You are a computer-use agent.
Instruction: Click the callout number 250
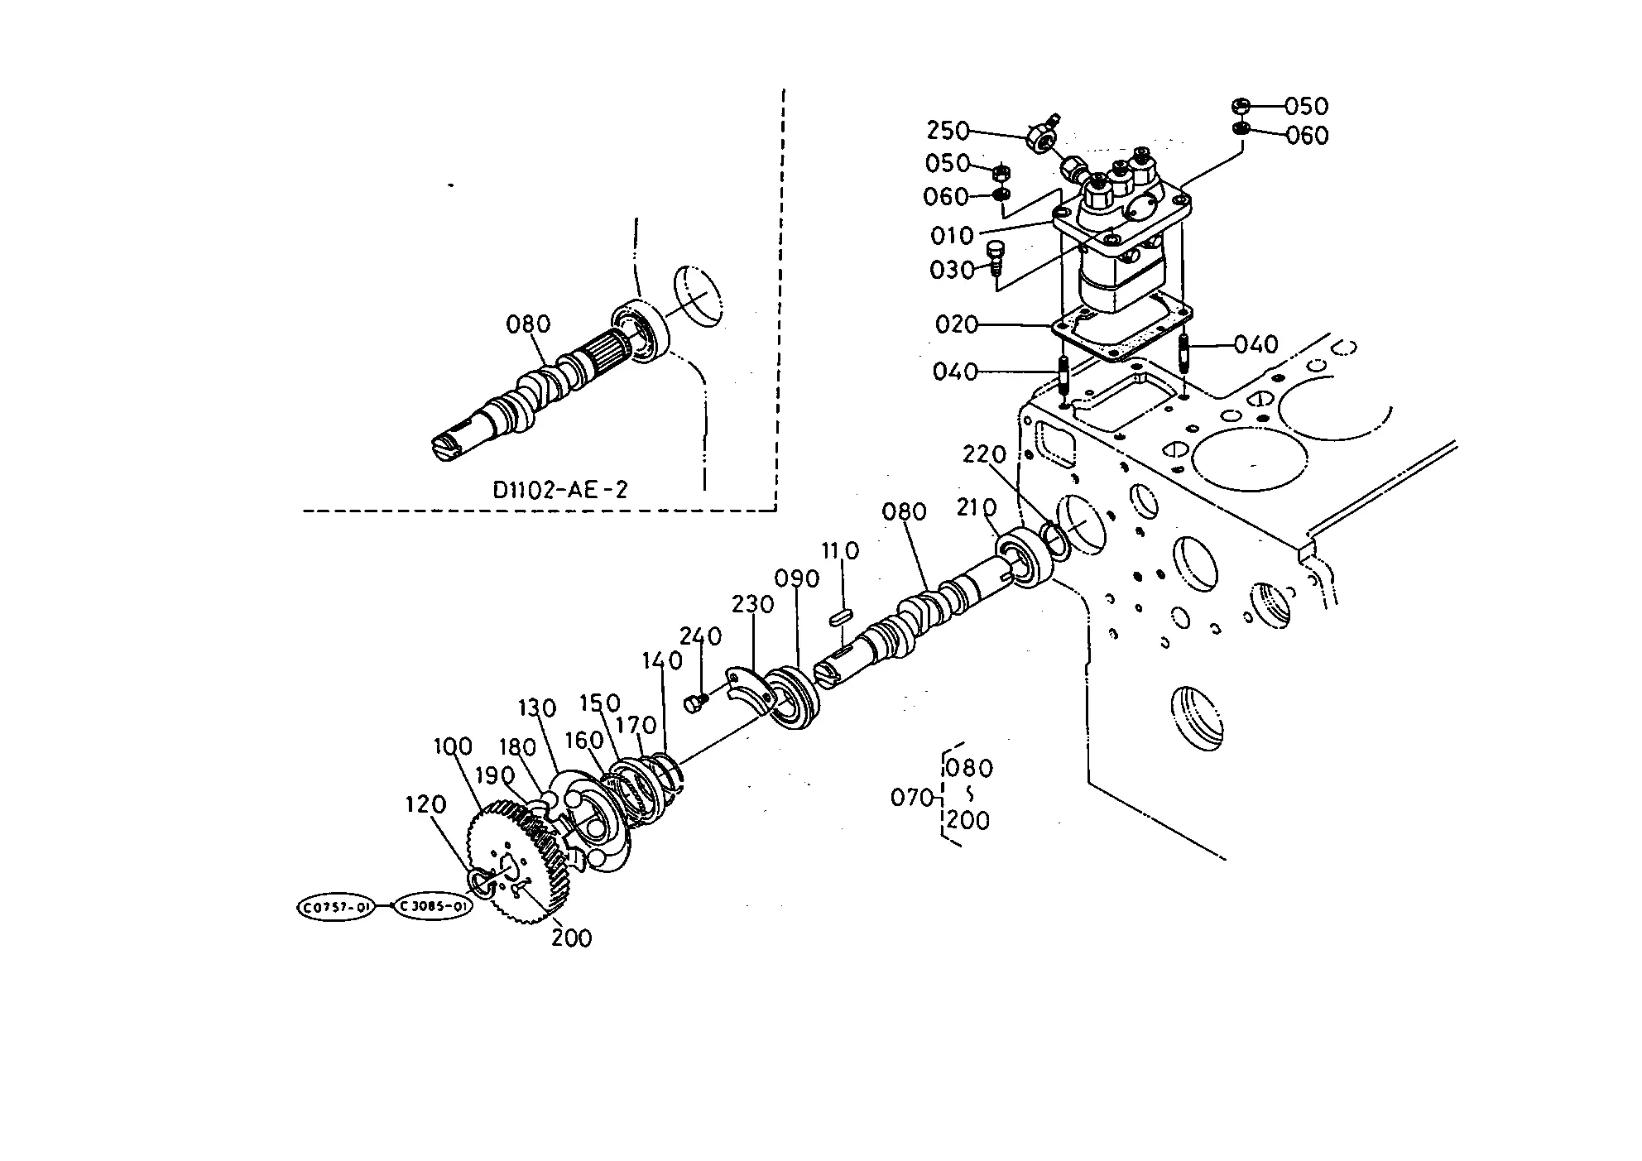pos(948,131)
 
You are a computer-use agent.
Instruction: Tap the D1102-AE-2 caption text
pos(560,490)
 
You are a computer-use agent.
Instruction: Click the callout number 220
pos(984,454)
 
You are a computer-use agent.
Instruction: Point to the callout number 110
pos(840,550)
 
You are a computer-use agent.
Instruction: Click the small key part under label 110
pos(841,616)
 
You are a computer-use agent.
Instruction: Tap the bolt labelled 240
pos(695,703)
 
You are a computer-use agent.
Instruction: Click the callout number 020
pos(957,324)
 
